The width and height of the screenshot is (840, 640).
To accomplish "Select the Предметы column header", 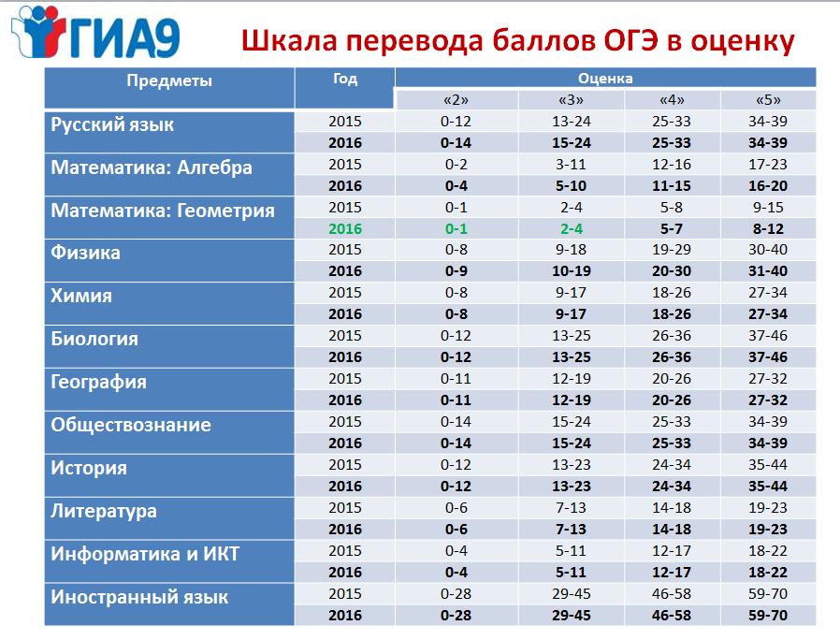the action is pos(169,81).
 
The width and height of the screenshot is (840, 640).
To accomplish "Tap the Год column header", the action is pos(345,79).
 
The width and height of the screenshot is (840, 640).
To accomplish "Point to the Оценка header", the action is pos(605,79).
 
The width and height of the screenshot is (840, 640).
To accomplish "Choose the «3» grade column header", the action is pos(572,100).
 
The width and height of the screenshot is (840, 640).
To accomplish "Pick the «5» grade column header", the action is pos(768,100).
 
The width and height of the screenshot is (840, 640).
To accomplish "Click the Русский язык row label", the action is pos(112,124).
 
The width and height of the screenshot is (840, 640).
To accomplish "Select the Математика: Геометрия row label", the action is pos(163,211).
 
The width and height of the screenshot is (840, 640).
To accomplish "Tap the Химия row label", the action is pos(81,296).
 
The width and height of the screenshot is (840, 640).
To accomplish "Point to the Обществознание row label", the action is pos(131,425).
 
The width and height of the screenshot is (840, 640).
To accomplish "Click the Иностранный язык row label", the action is pos(139,597).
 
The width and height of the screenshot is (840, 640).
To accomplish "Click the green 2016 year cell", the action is pos(345,229).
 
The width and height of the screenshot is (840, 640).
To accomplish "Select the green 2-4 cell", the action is pos(572,229).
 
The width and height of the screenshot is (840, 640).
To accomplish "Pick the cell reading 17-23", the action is pos(768,165).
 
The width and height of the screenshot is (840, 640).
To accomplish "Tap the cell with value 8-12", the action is pos(768,229).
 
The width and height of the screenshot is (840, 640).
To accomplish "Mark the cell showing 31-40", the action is pos(768,271).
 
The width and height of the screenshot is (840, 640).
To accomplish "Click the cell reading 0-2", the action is pos(456,165).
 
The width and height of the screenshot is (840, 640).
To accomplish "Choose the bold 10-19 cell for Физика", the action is pos(572,271).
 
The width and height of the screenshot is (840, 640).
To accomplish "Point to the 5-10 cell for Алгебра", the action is pos(572,186).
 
